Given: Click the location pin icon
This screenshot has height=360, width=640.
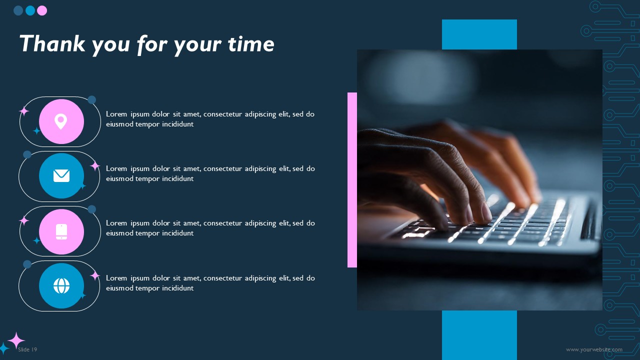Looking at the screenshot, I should [61, 121].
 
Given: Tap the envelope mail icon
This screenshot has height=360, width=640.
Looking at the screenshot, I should [61, 175].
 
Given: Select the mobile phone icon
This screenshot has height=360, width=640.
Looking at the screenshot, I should [61, 231].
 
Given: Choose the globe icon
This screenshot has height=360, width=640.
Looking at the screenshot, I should [61, 285].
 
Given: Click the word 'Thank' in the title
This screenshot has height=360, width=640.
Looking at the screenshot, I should [52, 44].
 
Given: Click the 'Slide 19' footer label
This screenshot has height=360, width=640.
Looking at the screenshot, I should [27, 349].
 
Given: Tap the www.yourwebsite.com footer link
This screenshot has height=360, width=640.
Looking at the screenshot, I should [594, 349].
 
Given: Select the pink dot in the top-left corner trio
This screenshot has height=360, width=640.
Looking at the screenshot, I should [42, 10].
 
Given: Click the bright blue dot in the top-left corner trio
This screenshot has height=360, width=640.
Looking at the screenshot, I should [30, 10].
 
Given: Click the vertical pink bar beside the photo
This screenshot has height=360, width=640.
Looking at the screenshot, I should [352, 180].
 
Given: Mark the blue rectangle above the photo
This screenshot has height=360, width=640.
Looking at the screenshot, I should [479, 34].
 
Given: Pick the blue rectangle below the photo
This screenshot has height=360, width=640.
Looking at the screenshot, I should [479, 335].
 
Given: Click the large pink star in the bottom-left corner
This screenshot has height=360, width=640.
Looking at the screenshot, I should [16, 340].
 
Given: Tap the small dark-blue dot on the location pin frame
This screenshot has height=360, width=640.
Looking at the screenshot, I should [91, 100].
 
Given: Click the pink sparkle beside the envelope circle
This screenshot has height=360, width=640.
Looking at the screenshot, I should [94, 166].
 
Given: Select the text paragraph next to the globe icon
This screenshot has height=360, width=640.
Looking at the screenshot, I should [210, 283].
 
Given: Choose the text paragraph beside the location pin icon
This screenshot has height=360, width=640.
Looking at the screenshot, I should [210, 119].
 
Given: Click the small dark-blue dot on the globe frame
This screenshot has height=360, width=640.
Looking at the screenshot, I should [27, 264].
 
